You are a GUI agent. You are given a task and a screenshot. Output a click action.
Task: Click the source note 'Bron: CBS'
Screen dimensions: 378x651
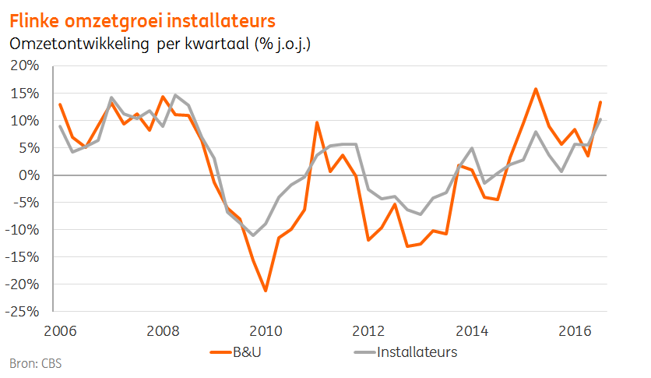pyautogui.click(x=36, y=364)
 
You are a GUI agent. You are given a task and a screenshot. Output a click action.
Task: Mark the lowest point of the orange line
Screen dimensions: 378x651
pyautogui.click(x=266, y=291)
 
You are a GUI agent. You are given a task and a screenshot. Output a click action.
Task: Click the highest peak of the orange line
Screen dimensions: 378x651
pyautogui.click(x=536, y=89)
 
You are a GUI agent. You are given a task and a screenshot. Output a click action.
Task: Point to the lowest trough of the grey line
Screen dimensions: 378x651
pyautogui.click(x=252, y=235)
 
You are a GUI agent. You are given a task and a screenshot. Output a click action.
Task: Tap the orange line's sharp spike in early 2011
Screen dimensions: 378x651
pyautogui.click(x=317, y=122)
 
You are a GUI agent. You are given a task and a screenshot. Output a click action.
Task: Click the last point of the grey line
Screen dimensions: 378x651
pyautogui.click(x=600, y=119)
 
